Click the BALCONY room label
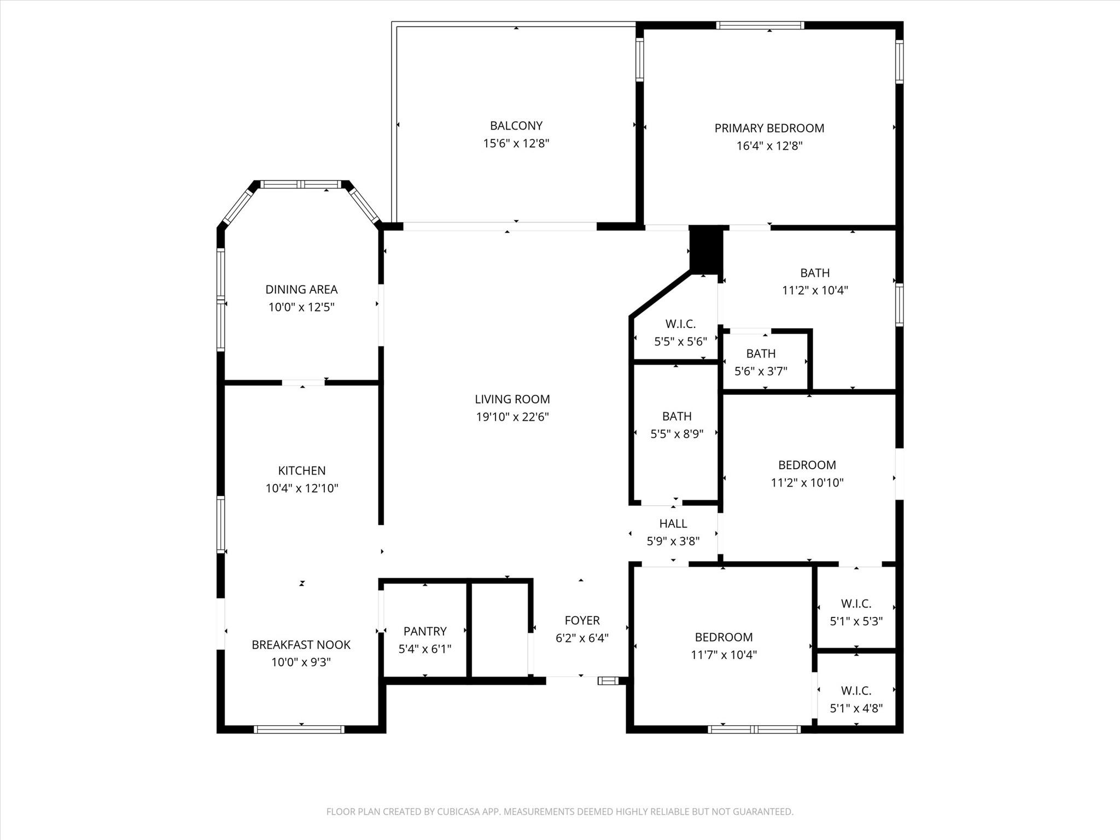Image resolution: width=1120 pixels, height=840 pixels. click(516, 126)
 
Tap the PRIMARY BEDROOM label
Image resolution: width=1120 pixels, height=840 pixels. click(769, 128)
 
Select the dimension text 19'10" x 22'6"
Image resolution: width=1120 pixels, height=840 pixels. click(512, 417)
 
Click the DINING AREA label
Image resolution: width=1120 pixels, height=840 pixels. click(301, 289)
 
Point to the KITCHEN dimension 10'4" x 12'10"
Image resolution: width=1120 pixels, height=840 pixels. click(302, 488)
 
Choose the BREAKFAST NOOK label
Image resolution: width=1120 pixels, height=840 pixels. click(301, 645)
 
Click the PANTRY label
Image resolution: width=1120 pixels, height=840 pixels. click(425, 632)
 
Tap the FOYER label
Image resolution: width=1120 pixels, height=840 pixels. click(582, 620)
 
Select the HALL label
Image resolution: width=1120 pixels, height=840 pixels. click(673, 523)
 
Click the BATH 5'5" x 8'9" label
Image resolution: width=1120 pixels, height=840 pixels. click(676, 417)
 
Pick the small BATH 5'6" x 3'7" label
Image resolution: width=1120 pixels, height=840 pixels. click(761, 354)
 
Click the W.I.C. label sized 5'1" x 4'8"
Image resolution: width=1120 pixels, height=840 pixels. click(856, 691)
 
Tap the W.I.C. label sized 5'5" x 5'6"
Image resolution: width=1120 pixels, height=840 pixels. click(680, 324)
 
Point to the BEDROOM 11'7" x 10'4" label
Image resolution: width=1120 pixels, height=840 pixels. click(724, 637)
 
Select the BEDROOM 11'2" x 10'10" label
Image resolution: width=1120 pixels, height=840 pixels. click(807, 465)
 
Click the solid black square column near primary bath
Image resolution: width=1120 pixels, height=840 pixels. click(706, 249)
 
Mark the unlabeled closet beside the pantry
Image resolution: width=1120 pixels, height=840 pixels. click(499, 630)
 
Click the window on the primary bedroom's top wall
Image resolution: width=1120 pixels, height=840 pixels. click(760, 25)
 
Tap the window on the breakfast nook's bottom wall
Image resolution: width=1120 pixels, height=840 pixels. click(299, 729)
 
